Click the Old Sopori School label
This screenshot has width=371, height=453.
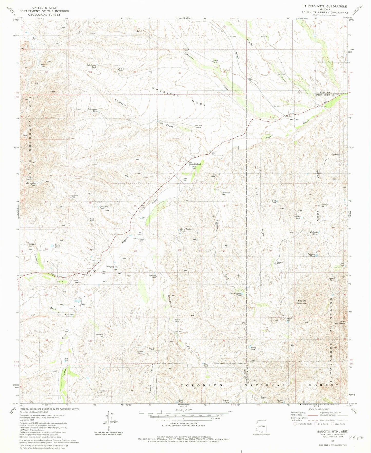195,163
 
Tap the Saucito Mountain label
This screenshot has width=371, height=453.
302,302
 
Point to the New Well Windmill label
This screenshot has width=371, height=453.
197,126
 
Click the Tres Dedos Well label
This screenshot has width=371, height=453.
224,193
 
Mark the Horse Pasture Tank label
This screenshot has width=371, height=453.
186,230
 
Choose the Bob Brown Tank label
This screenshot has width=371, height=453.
91,66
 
